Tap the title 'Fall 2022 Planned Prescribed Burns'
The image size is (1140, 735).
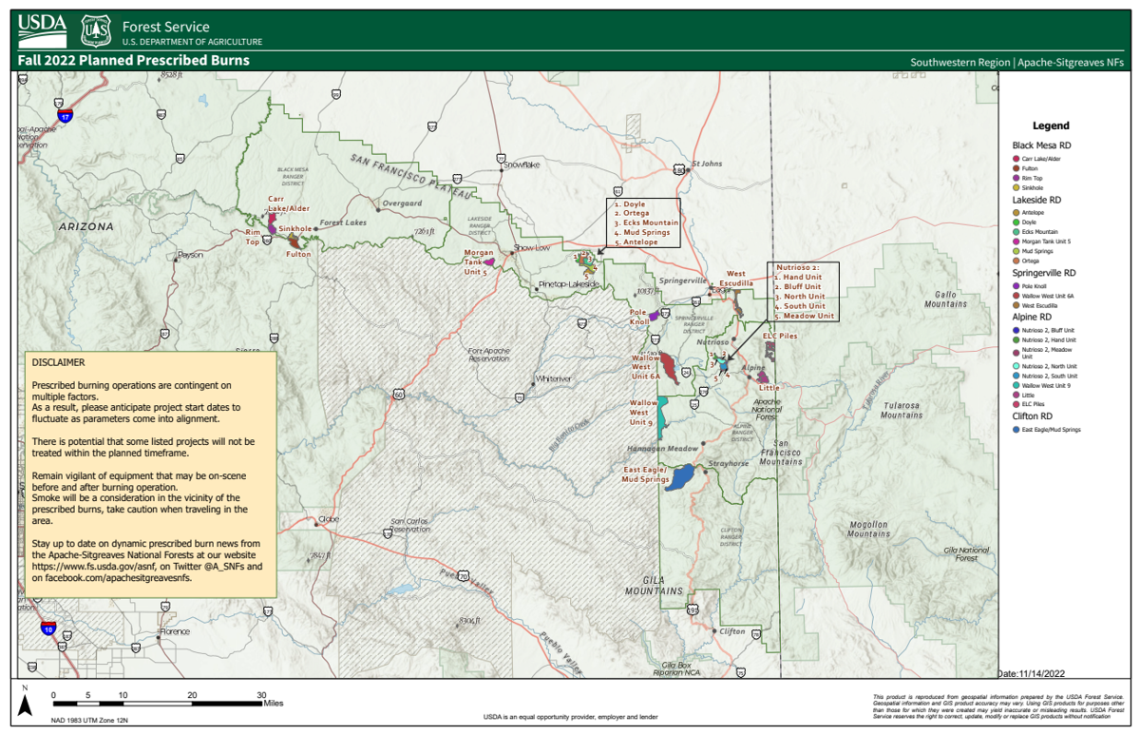tap(134, 61)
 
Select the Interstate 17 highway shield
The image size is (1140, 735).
tap(64, 115)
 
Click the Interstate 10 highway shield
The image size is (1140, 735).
tap(48, 628)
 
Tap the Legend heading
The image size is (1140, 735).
tap(1051, 126)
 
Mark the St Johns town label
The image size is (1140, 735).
tap(707, 164)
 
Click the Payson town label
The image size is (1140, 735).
tap(191, 255)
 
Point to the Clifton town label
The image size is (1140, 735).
tap(732, 631)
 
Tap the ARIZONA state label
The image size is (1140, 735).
tap(86, 226)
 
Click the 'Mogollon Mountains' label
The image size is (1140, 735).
tap(868, 529)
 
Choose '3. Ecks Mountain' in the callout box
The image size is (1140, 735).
tap(646, 222)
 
